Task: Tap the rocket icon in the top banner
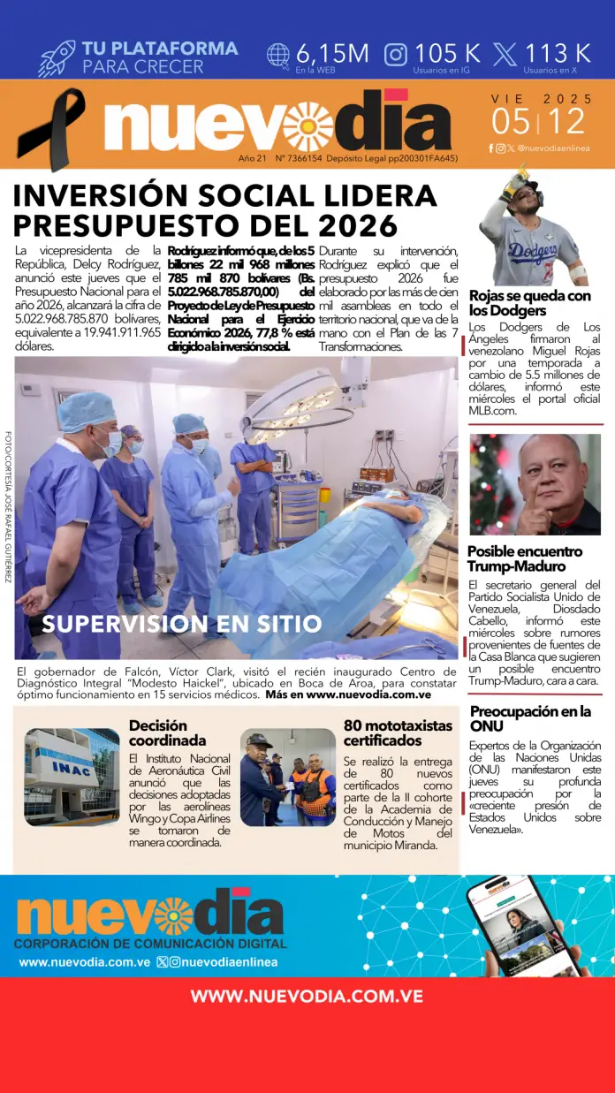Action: point(57,57)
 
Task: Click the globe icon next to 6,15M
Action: point(277,55)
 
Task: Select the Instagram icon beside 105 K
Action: point(396,55)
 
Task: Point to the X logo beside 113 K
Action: point(505,55)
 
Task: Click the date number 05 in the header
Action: point(512,121)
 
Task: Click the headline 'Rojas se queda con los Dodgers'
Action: point(529,303)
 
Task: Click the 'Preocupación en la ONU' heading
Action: point(530,718)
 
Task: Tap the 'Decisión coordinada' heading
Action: point(167,733)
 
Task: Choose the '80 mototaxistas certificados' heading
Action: point(398,733)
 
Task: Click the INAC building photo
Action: point(72,777)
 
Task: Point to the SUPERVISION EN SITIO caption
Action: point(181,624)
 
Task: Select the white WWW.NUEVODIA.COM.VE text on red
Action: point(307,997)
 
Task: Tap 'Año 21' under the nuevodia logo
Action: point(252,158)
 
